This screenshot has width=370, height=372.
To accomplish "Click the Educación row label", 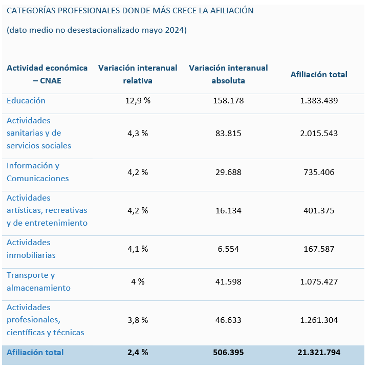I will click(x=26, y=101).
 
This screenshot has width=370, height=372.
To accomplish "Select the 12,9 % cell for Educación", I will click(x=138, y=101).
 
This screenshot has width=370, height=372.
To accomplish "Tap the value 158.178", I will click(x=228, y=101).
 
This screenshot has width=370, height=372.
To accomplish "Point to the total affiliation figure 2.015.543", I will click(x=319, y=133).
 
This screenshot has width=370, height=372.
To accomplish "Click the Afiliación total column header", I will click(x=319, y=75).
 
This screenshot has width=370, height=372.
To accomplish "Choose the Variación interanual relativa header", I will click(x=138, y=74).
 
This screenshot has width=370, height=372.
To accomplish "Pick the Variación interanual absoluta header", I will click(x=228, y=74).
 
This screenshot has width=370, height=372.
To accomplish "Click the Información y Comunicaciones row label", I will click(x=38, y=172).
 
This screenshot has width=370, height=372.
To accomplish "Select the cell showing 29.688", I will click(x=228, y=172).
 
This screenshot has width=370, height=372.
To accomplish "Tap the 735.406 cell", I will click(x=319, y=172).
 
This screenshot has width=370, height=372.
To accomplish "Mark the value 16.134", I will click(x=228, y=210).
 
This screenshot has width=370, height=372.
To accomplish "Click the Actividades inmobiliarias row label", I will click(x=31, y=249).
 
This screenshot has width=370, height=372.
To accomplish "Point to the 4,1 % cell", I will click(x=138, y=249).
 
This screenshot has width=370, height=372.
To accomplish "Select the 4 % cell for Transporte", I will click(x=138, y=281).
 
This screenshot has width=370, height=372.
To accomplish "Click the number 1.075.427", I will click(x=319, y=281).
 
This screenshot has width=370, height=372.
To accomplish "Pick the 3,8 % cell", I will click(x=138, y=320).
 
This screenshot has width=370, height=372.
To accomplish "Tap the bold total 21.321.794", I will click(x=319, y=353).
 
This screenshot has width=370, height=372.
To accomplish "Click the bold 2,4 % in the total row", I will click(x=138, y=353).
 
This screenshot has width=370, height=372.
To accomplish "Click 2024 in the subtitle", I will click(x=176, y=30).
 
